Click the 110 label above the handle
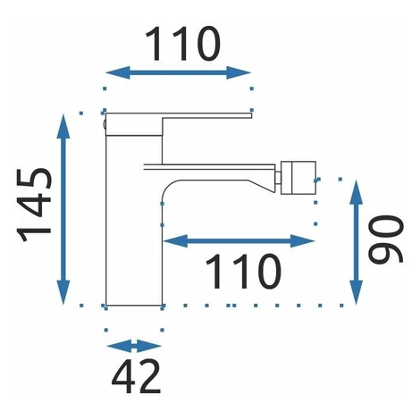click(182, 44)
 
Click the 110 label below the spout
click(243, 272)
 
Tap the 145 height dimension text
click(35, 205)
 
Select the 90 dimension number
click(385, 239)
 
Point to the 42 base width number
click(136, 376)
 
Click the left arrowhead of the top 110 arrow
click(118, 72)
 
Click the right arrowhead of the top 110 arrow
click(239, 72)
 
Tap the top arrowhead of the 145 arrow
click(63, 126)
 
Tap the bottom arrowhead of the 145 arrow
click(63, 292)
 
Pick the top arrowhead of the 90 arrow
click(356, 192)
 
